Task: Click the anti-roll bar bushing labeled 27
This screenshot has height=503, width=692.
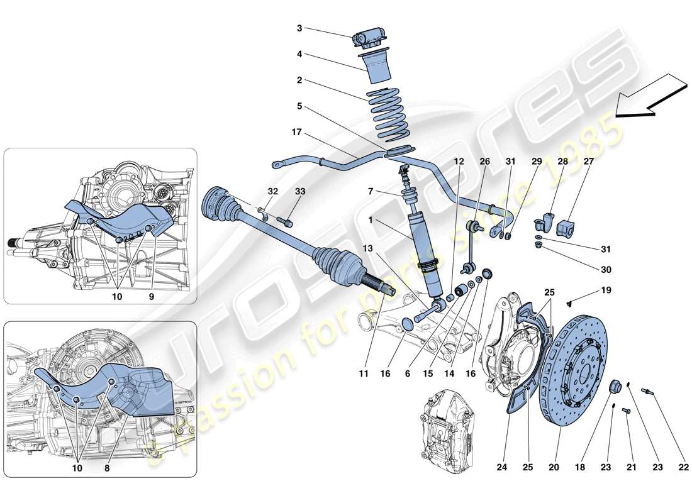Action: pyautogui.click(x=570, y=227)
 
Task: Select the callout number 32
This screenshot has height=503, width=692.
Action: pyautogui.click(x=271, y=191)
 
